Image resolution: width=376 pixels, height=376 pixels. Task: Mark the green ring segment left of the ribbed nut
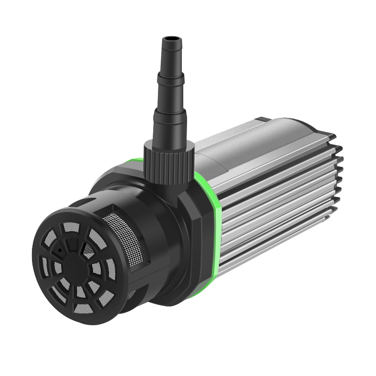coord(134,163)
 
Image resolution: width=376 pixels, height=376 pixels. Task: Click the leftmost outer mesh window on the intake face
coord(45,266)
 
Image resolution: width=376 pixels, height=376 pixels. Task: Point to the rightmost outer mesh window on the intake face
coord(111,269)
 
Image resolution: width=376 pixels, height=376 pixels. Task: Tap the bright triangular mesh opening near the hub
coord(88,250)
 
